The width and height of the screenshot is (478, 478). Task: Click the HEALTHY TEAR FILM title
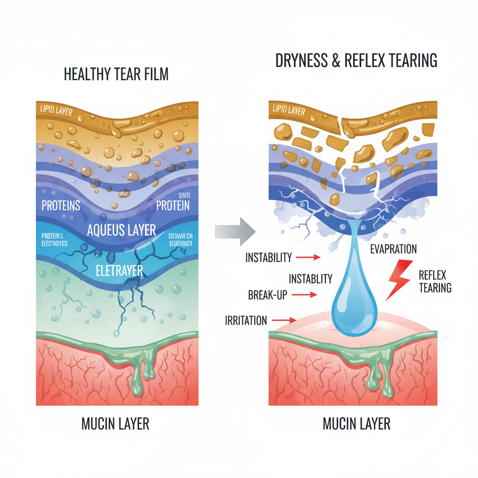[x=116, y=74]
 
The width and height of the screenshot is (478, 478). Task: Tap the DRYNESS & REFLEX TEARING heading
[x=356, y=61]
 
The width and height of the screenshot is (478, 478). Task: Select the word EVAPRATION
[x=393, y=249]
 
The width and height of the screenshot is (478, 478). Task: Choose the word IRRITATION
[x=246, y=321]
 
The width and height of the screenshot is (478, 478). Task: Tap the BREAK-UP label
[x=268, y=295]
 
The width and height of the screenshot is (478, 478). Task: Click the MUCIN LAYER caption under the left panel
[x=115, y=424]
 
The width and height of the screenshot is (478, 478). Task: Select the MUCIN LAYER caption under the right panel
[x=356, y=424]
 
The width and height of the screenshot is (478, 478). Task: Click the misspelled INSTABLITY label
[x=310, y=279]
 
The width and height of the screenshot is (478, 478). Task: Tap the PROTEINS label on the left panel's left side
[x=61, y=205]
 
